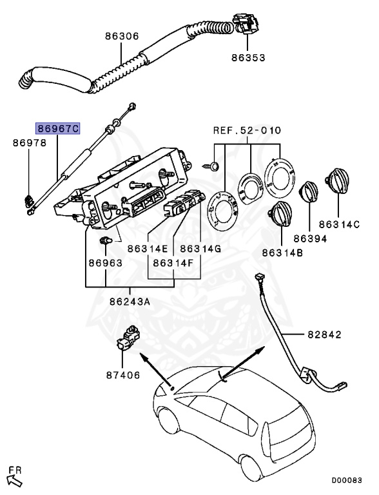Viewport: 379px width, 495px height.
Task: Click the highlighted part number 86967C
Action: (x=57, y=129)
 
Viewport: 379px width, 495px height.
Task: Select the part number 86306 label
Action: (x=122, y=37)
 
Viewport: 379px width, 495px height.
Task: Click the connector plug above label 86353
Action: (x=248, y=24)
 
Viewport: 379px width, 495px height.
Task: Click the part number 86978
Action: (x=30, y=144)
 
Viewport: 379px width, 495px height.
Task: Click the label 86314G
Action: (x=200, y=248)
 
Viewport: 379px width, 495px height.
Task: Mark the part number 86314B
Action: (x=281, y=253)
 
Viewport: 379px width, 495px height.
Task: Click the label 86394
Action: (x=311, y=238)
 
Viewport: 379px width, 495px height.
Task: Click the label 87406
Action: (x=122, y=374)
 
